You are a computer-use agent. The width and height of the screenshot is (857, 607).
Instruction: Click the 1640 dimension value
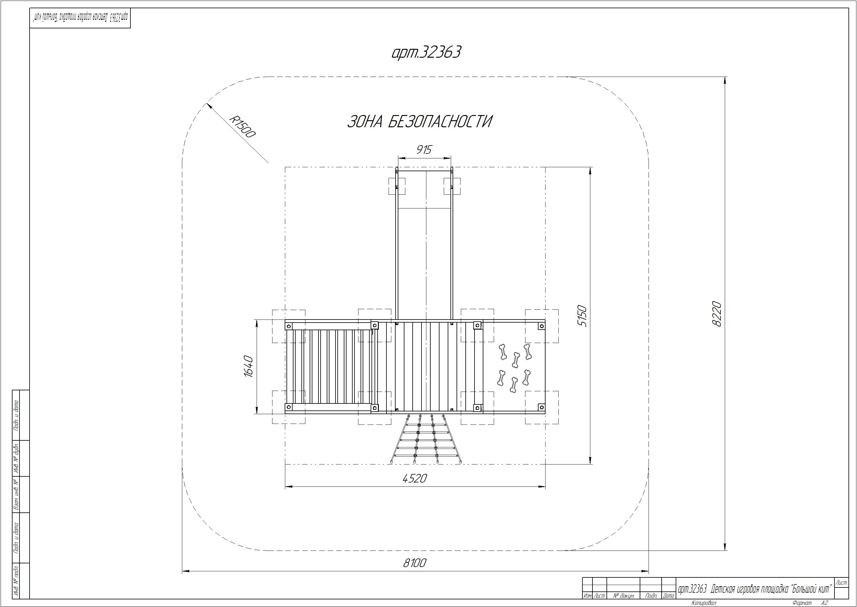click(x=249, y=367)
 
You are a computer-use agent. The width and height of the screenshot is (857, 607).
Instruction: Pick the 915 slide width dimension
click(x=424, y=150)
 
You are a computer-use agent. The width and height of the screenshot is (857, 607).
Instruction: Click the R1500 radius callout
click(x=242, y=126)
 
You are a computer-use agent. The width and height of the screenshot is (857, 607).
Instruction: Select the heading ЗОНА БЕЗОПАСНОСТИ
click(x=420, y=121)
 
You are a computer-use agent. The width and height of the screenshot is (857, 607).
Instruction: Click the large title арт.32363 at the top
click(x=426, y=52)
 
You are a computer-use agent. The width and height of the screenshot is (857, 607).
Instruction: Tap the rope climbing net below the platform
click(x=426, y=439)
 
